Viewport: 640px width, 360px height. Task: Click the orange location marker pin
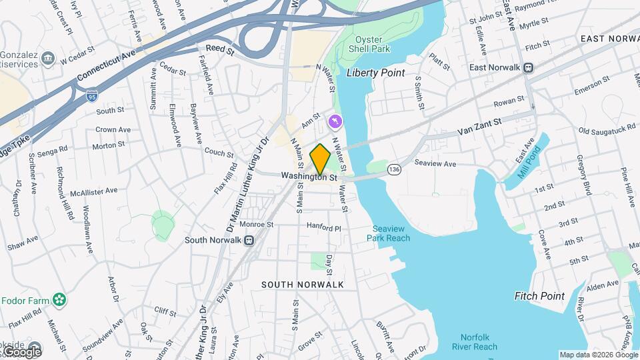click(320, 159)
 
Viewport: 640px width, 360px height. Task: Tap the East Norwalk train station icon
click(529, 67)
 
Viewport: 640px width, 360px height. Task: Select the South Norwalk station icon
click(248, 240)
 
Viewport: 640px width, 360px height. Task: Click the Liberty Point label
click(375, 72)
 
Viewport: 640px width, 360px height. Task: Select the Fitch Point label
click(539, 296)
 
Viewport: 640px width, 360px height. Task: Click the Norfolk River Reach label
click(478, 342)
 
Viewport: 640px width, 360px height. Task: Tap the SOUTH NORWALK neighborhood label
click(302, 285)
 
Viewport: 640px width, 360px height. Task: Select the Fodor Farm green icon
click(60, 301)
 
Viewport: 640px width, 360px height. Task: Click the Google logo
click(21, 351)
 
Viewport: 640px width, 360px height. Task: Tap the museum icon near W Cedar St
click(47, 59)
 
